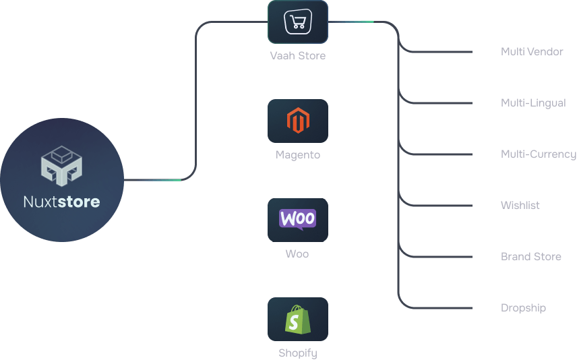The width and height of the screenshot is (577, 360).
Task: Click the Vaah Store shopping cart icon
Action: (x=297, y=22)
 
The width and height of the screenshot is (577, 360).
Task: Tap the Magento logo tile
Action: (x=297, y=121)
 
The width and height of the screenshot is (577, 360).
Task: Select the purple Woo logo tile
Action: (x=297, y=220)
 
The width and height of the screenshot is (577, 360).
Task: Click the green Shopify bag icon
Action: (x=297, y=319)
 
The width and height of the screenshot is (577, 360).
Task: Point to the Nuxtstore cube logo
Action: (x=61, y=166)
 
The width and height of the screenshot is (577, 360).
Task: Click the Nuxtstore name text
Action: (x=61, y=202)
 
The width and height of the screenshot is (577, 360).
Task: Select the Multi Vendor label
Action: (x=531, y=51)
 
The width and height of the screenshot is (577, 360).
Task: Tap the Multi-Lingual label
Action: (x=533, y=102)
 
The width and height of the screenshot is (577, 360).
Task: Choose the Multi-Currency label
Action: (x=538, y=154)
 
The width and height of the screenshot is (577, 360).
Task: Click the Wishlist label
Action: (x=520, y=205)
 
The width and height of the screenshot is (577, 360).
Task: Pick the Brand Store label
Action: (x=530, y=256)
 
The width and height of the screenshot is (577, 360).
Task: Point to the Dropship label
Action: (x=523, y=307)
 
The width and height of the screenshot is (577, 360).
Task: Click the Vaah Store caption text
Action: (x=297, y=56)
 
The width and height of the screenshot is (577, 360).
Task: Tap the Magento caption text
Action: (x=297, y=155)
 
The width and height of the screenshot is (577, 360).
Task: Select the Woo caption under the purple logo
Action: (x=297, y=254)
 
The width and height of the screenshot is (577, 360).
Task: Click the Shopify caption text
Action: (x=297, y=353)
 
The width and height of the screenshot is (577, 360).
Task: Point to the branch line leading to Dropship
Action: (x=438, y=308)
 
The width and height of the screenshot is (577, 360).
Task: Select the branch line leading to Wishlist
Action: (x=438, y=206)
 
